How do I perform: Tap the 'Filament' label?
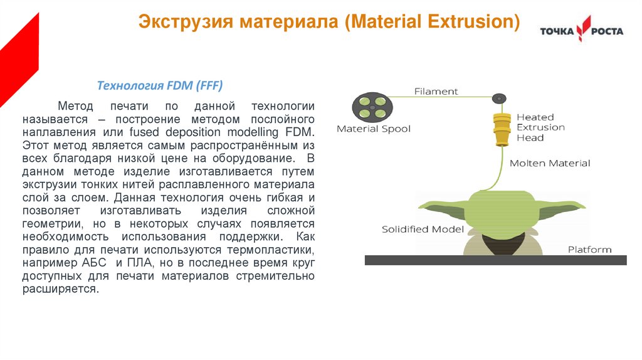pos(436,92)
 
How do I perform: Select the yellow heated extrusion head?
pos(500,128)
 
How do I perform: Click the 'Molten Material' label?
pos(550,163)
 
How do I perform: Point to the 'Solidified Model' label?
pos(423,229)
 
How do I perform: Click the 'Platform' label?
pos(589,250)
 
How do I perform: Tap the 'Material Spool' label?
pos(374,129)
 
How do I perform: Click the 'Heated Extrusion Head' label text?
pos(540,127)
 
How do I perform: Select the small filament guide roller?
pos(498,98)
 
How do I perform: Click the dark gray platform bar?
pos(495,260)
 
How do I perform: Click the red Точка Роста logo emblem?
pos(583,29)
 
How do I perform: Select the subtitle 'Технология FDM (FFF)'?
pos(159,85)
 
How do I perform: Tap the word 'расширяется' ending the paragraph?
pos(60,289)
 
